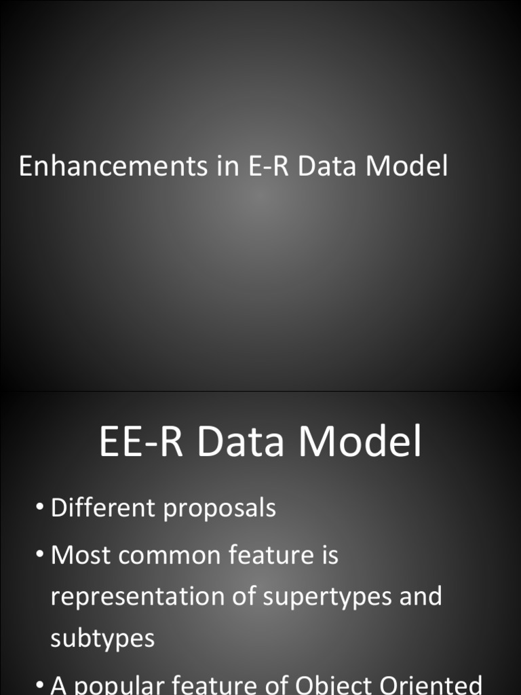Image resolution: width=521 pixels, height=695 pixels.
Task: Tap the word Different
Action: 102,508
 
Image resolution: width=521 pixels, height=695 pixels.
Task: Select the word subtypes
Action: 102,638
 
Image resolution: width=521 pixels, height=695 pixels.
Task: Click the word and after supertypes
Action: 421,597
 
